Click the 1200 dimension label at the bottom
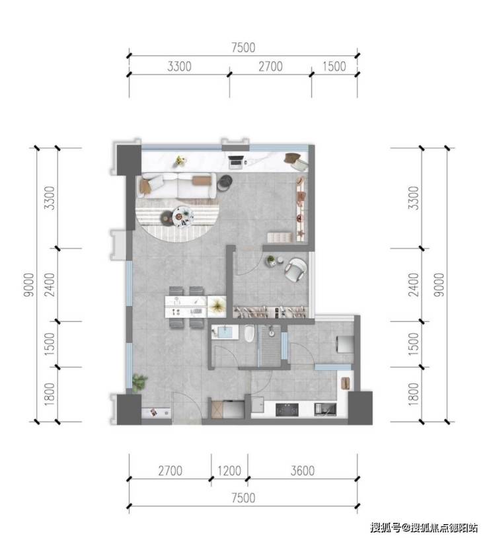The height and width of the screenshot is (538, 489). click(229, 471)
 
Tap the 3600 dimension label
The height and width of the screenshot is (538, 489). click(303, 471)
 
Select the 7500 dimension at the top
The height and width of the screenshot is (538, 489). click(243, 48)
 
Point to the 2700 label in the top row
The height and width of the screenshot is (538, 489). click(270, 66)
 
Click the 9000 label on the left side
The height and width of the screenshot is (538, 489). click(29, 285)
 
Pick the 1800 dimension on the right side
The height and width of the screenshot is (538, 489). click(414, 395)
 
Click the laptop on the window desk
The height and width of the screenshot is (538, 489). click(236, 162)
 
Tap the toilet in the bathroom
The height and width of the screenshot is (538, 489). click(249, 333)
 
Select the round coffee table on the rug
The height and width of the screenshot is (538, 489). click(182, 216)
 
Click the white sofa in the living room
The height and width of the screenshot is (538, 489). click(178, 186)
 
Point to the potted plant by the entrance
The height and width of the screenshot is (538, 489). click(139, 382)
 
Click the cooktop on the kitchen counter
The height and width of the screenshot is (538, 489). click(287, 410)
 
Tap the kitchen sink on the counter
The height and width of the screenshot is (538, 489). click(325, 409)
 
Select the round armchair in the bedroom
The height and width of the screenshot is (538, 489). click(295, 270)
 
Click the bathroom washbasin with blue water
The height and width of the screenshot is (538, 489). click(225, 332)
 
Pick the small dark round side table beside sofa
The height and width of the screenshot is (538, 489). click(225, 182)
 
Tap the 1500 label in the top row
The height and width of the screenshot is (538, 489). click(334, 66)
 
